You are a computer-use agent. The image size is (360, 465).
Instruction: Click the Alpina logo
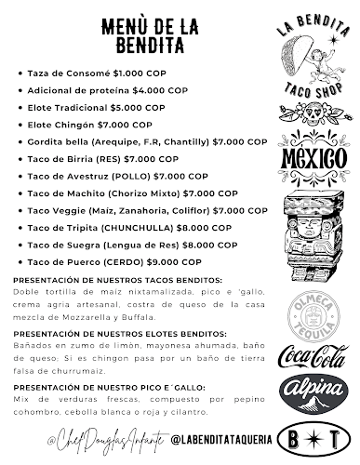coord(312,392)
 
